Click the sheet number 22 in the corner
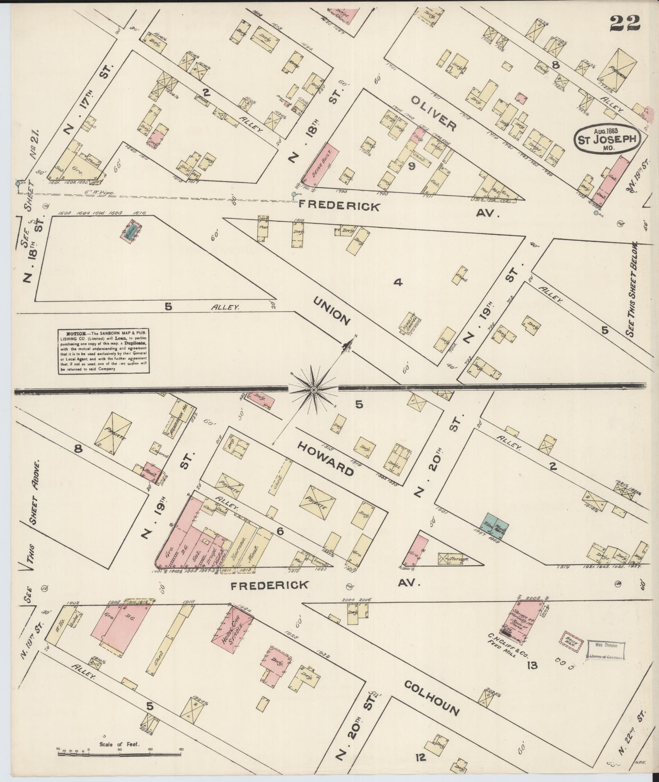[625, 23]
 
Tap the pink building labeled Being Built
[320, 163]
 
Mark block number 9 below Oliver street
[411, 166]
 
